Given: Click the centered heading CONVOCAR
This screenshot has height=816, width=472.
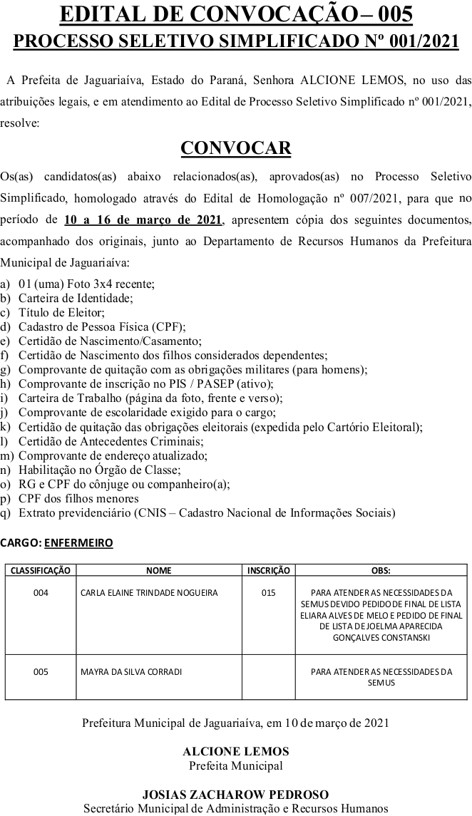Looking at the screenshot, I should tap(236, 148).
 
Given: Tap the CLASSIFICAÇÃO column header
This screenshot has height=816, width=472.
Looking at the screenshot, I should tap(41, 570).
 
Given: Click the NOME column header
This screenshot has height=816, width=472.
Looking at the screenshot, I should tap(158, 570).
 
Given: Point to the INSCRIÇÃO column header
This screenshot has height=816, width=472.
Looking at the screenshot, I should tap(268, 570).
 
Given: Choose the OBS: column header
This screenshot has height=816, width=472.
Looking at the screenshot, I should tap(381, 570).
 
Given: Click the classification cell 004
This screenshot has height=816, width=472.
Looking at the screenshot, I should tap(41, 592).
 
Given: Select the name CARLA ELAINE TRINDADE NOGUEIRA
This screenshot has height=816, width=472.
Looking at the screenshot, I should tap(149, 592).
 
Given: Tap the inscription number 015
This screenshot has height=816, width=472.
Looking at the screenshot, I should tap(268, 592).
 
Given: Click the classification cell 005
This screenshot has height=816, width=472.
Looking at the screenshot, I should tap(41, 671).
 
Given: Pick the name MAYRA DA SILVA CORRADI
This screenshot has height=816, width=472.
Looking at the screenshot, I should tap(131, 671).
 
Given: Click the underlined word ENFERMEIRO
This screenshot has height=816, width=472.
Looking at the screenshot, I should tap(78, 542).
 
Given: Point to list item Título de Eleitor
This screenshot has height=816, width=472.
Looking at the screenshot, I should tap(61, 312).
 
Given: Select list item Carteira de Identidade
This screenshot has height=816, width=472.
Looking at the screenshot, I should tap(76, 298).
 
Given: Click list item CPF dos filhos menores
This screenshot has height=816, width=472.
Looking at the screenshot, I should tap(78, 498).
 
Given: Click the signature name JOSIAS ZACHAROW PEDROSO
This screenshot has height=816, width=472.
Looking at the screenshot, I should tap(236, 794).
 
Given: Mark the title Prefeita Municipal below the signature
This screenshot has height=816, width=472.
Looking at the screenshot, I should tap(236, 765).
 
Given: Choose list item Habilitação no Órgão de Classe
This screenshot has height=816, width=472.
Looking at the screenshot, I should tap(99, 470).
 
